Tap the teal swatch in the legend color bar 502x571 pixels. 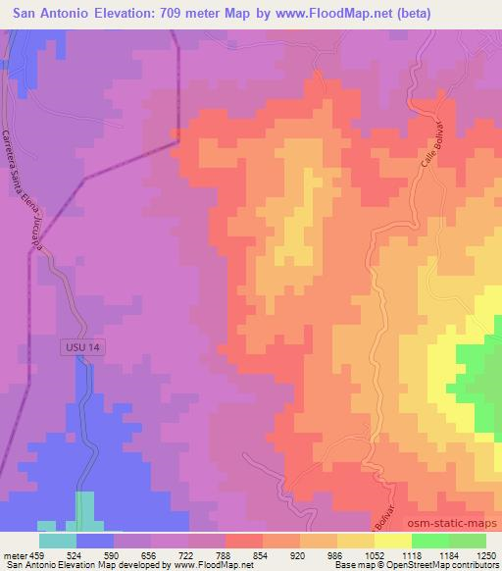(57, 540)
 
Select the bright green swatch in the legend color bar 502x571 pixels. (429, 540)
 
